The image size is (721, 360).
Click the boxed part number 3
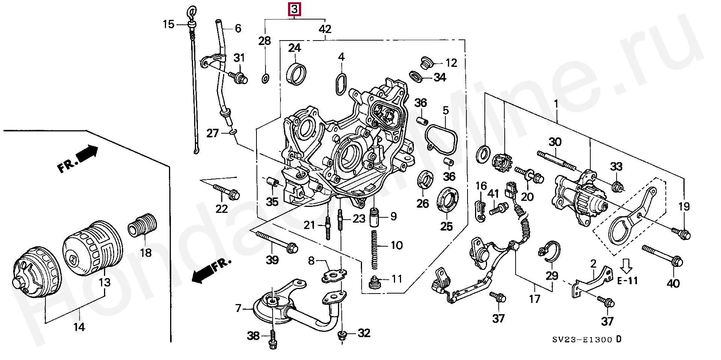pos(295,9)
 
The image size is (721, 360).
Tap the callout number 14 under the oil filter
pos(79,327)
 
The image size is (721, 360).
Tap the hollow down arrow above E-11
pos(626,266)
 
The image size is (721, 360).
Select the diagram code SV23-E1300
pos(584,340)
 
